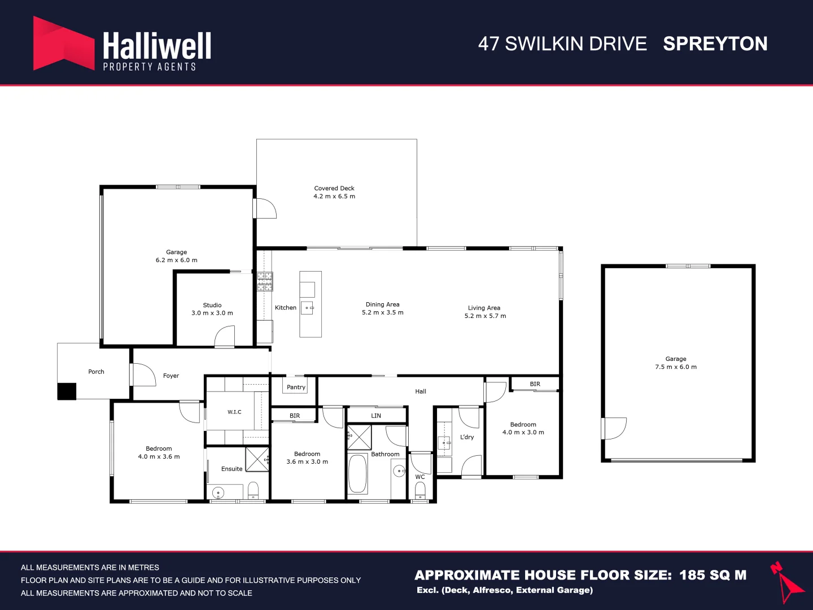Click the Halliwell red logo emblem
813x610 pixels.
[x=64, y=43]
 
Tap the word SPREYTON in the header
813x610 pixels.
[x=715, y=43]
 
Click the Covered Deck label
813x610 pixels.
[x=334, y=188]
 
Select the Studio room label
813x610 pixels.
[x=212, y=305]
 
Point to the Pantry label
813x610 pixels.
[x=296, y=387]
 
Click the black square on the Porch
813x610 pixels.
[x=67, y=391]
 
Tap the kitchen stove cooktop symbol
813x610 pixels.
[x=265, y=281]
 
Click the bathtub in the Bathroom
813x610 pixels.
[x=357, y=474]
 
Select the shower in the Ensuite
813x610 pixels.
[x=257, y=459]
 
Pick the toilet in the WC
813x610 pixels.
[x=420, y=491]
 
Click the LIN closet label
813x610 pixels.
[x=376, y=416]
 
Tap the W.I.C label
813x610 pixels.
[x=234, y=412]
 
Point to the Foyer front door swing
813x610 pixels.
[x=145, y=375]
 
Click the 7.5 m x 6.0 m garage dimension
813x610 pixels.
[x=676, y=367]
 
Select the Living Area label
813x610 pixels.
[x=484, y=308]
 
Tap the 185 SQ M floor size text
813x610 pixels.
[x=713, y=575]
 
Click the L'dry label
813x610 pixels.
[x=467, y=437]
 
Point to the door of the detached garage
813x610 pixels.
[x=614, y=429]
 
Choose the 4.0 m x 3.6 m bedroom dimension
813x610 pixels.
[x=159, y=456]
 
